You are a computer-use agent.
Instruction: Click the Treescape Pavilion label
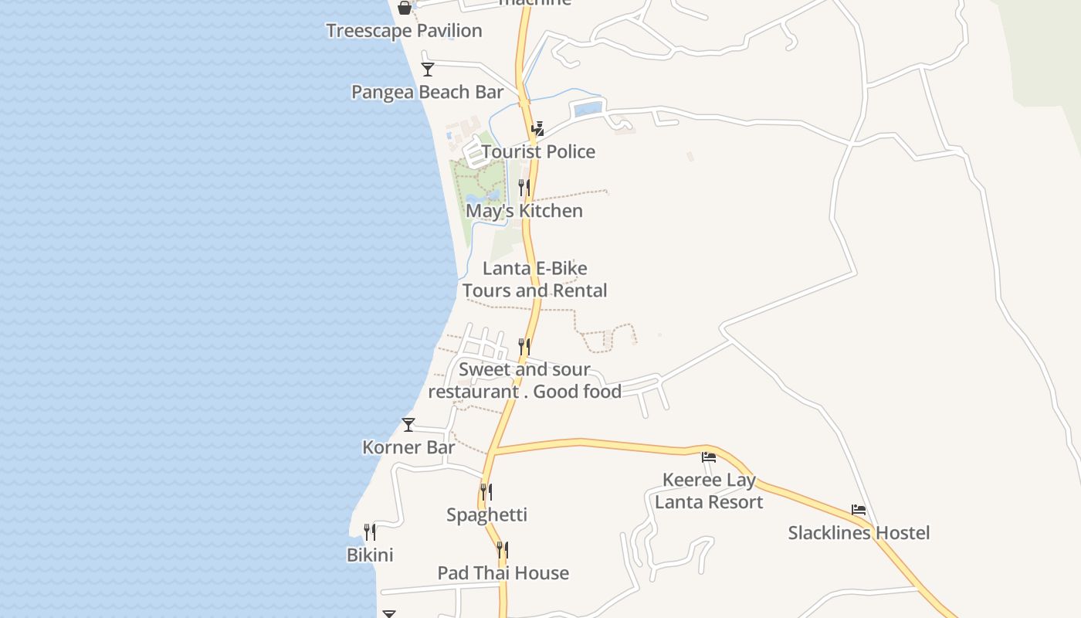click(404, 31)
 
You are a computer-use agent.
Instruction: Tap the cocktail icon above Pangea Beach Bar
click(427, 69)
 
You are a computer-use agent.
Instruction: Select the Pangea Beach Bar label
click(427, 92)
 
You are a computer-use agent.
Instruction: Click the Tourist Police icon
click(537, 128)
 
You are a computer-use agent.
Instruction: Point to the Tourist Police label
click(538, 151)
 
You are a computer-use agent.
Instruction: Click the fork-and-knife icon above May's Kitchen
click(524, 188)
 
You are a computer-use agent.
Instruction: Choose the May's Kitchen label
click(524, 211)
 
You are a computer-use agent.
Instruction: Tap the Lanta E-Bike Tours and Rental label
click(534, 280)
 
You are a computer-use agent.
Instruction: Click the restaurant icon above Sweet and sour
click(524, 346)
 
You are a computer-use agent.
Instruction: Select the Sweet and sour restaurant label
click(524, 380)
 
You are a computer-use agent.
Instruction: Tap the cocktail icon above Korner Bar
click(408, 424)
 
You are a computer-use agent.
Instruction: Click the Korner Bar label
click(408, 447)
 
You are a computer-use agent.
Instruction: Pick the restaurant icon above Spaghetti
click(486, 491)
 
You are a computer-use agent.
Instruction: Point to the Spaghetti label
click(486, 514)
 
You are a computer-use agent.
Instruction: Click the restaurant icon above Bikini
click(370, 531)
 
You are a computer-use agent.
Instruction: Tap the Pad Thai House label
click(503, 573)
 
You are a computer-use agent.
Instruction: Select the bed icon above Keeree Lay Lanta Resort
click(708, 457)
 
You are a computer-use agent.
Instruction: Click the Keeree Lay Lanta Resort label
click(708, 491)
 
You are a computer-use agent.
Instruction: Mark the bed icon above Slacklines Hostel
click(858, 510)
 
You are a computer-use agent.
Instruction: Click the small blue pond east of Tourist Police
click(588, 109)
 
